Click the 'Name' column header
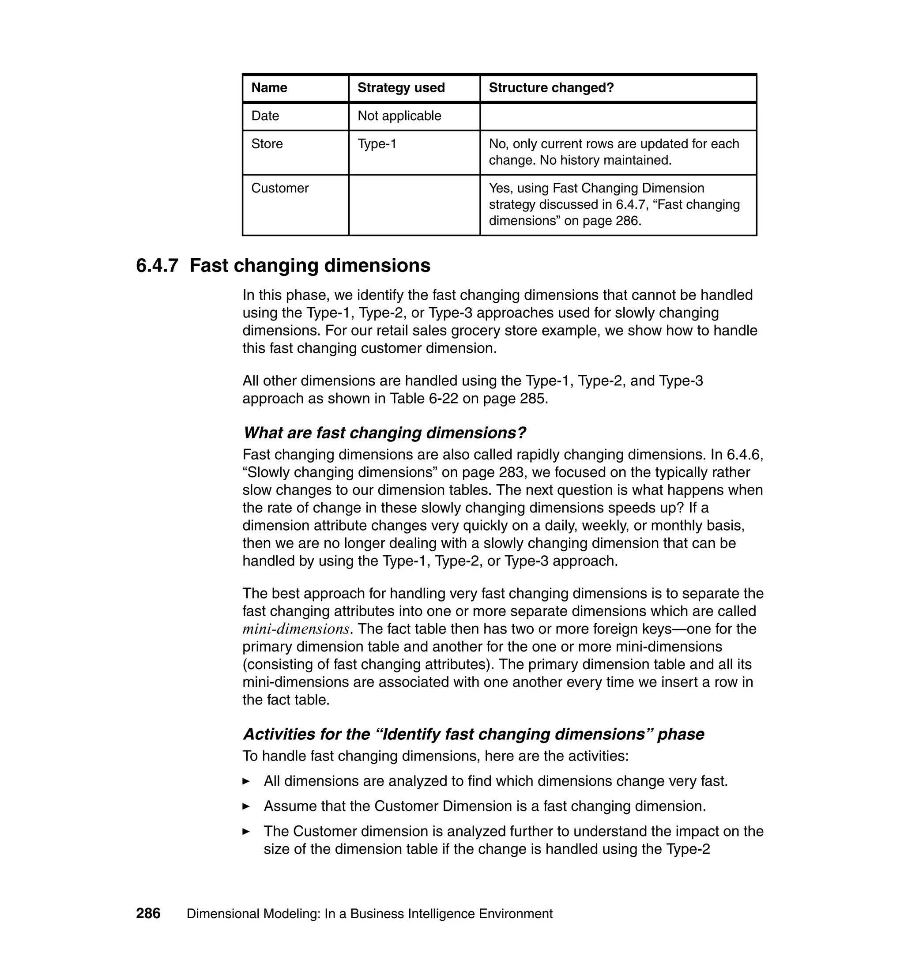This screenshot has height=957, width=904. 269,88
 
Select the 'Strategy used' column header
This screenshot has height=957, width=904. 401,88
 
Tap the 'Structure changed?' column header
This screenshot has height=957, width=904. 551,88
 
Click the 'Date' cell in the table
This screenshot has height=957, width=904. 265,116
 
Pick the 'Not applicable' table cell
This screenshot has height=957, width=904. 399,116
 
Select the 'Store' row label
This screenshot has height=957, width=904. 267,143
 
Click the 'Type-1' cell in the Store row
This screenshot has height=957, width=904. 377,143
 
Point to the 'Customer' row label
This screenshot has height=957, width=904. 280,188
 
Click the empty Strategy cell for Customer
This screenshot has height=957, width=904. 414,205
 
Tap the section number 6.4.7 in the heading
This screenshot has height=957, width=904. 157,265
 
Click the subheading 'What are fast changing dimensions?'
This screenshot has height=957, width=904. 384,433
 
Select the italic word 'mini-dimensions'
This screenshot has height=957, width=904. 295,629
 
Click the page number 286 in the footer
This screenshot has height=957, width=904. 148,914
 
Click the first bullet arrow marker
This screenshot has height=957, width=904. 246,781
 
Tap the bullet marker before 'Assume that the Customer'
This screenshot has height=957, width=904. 246,806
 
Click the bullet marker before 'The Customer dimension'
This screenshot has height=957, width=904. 246,831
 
